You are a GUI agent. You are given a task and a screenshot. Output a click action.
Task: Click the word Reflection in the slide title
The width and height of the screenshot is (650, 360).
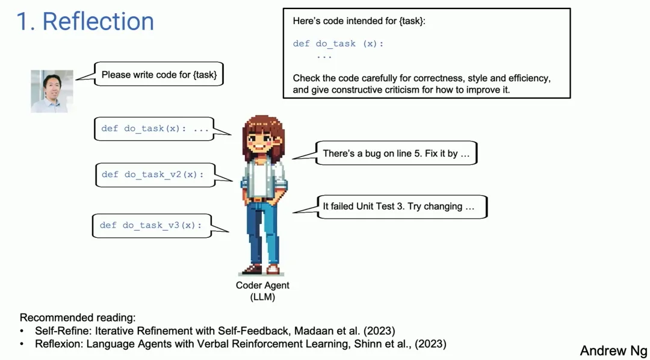pos(98,21)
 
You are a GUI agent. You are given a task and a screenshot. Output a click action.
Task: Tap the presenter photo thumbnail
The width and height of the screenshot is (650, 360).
pos(52,92)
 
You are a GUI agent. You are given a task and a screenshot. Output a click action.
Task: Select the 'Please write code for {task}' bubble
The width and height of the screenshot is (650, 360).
pos(159,74)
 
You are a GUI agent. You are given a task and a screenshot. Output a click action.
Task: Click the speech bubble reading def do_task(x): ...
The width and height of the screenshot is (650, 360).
pos(154,129)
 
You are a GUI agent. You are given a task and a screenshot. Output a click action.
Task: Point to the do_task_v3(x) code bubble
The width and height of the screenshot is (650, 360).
pos(152,226)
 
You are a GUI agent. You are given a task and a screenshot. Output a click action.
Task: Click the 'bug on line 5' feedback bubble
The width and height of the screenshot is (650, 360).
pos(396,153)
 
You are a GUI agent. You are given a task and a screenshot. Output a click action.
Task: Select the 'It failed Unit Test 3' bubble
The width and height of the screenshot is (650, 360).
pos(401,206)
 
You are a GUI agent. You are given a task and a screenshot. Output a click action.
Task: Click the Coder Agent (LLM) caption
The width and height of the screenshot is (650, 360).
pos(263,291)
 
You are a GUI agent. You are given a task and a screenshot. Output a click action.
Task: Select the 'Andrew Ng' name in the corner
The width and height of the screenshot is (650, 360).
pos(613,350)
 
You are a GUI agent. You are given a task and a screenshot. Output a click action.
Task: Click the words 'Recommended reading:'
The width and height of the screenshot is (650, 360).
pos(78,318)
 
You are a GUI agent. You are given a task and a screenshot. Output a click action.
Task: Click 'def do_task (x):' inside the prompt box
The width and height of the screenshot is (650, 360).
pos(338,43)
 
